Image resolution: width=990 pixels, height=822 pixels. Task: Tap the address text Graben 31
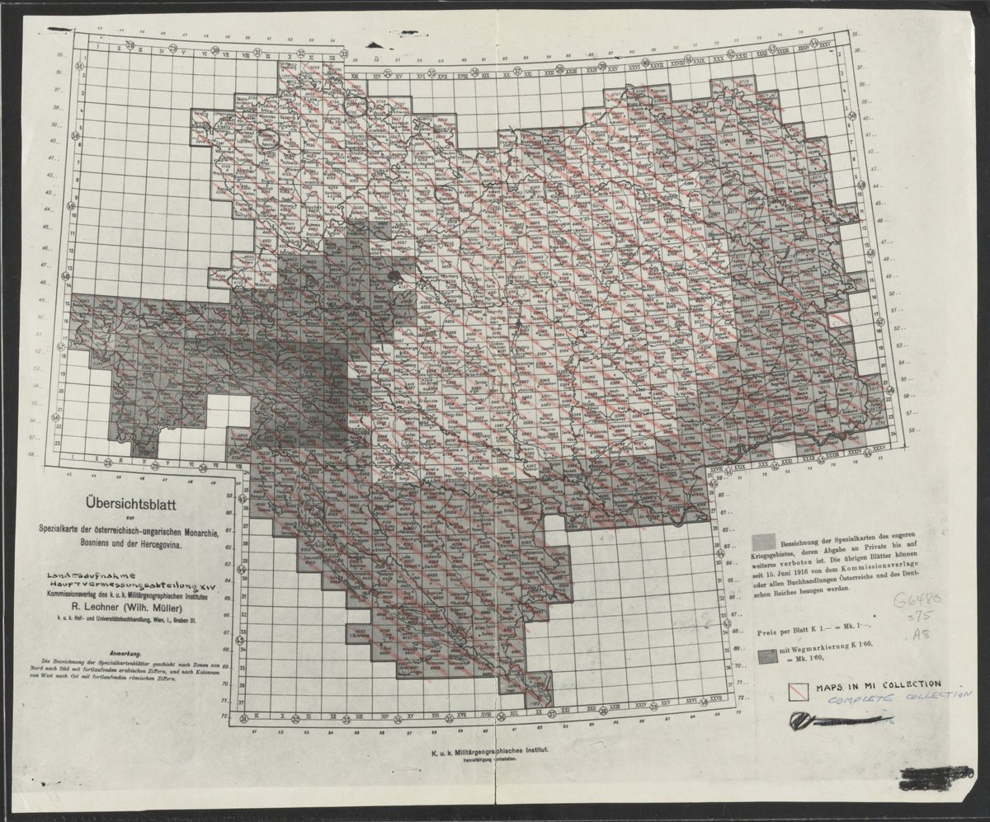196,624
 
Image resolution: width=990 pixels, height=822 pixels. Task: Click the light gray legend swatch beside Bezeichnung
762,540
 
